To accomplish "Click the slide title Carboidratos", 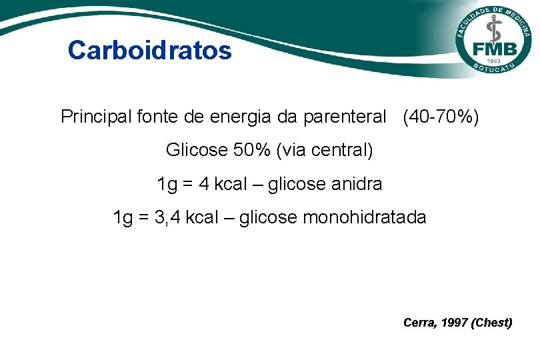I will [150, 50].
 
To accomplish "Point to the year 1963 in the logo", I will [494, 61].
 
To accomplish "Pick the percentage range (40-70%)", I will [441, 117].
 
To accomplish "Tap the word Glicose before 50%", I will [197, 150].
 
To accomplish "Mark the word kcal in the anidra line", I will [230, 183].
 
